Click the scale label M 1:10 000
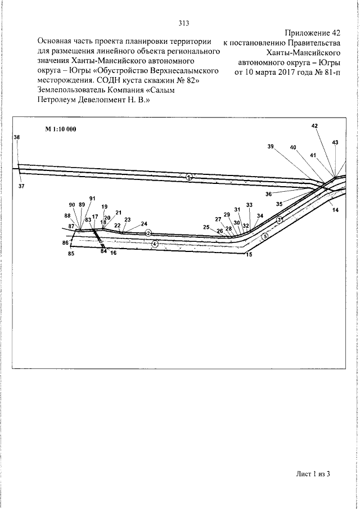(x=61, y=129)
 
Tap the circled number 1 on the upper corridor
(x=190, y=177)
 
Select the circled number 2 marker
(x=148, y=232)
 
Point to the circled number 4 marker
(x=155, y=244)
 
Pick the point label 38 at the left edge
(x=17, y=138)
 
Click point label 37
(x=21, y=186)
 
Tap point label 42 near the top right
(x=314, y=126)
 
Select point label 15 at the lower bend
(x=248, y=255)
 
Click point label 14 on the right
(x=335, y=210)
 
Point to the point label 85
(x=71, y=254)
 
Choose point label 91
(x=92, y=199)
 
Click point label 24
(x=144, y=223)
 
